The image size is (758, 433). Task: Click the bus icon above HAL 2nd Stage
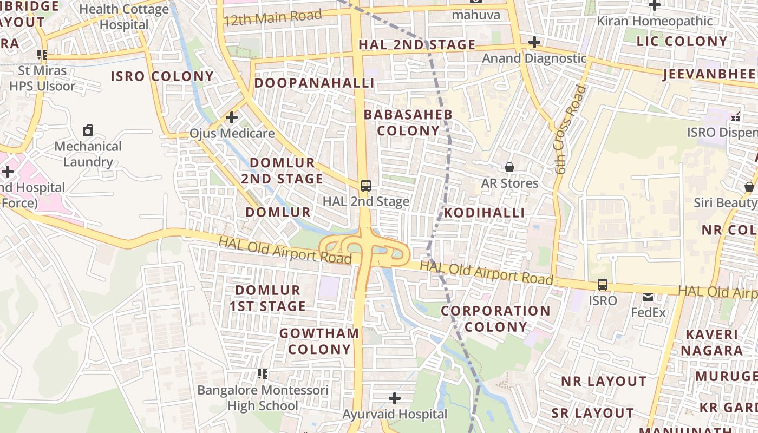[366, 186]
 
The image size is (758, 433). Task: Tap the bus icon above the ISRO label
[602, 285]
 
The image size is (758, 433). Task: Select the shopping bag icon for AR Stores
[509, 167]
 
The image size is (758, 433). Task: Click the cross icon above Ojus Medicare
[232, 117]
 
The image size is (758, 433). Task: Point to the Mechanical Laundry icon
[88, 130]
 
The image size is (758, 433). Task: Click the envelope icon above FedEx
[648, 297]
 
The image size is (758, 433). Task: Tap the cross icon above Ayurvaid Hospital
[395, 399]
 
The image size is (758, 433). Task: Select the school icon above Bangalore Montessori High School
[263, 374]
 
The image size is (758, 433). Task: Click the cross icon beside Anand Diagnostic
[534, 42]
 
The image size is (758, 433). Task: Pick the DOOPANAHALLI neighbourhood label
[315, 83]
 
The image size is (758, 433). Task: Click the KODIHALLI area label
[485, 213]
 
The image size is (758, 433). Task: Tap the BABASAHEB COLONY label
[408, 123]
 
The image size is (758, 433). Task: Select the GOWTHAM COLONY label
[319, 341]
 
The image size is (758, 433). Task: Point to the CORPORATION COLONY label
[495, 319]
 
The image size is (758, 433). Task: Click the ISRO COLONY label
[162, 76]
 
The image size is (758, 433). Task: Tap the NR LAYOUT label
[604, 381]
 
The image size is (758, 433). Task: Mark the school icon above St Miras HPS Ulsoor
[42, 55]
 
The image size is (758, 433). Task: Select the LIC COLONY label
[682, 41]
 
